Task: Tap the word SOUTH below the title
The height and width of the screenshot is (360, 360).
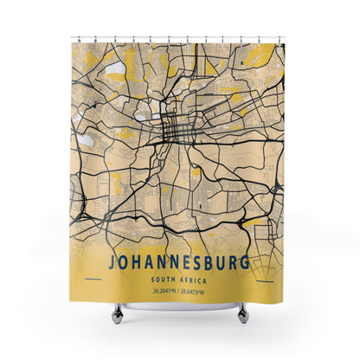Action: [162, 279]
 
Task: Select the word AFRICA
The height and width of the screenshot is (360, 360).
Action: [194, 279]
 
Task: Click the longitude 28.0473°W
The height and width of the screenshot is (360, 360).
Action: [198, 291]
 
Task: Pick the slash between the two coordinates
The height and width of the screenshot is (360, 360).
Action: [179, 291]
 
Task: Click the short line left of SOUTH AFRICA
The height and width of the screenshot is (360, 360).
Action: [93, 279]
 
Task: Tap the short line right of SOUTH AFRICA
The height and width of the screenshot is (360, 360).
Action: [266, 279]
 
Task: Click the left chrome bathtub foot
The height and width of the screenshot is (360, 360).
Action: [116, 312]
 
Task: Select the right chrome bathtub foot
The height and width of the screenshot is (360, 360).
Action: [243, 312]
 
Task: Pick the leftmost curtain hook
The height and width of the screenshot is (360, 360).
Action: [73, 40]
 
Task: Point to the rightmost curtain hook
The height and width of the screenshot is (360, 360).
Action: [281, 40]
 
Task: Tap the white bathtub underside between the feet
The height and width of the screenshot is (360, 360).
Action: [179, 305]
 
